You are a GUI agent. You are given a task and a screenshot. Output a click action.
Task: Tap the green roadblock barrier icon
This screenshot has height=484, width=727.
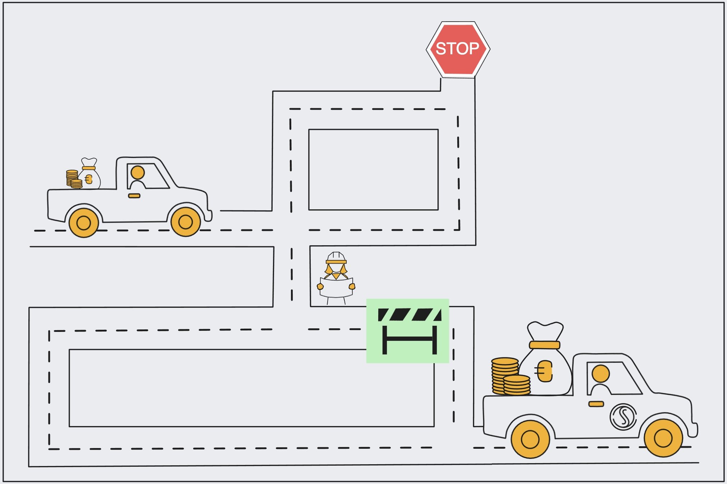[x=408, y=331]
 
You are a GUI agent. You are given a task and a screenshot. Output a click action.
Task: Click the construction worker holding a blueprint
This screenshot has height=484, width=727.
[x=336, y=279]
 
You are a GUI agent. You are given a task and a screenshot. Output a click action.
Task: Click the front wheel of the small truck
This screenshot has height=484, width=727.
[x=185, y=222]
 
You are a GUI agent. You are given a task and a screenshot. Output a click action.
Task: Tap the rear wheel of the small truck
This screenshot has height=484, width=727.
[x=84, y=223]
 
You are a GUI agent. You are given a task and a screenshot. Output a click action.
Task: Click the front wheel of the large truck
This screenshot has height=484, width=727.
[x=663, y=438]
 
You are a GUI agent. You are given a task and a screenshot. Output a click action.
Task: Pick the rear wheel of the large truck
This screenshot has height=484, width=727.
[x=530, y=439]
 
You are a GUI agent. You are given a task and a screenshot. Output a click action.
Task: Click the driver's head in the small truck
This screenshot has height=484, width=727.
[x=138, y=173]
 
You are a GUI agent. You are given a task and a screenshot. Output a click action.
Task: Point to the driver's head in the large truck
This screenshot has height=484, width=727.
[x=601, y=374]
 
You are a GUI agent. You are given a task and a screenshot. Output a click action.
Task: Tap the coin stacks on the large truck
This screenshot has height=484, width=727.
[x=510, y=378]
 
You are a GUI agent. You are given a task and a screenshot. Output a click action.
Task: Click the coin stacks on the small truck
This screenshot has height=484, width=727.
[x=74, y=179]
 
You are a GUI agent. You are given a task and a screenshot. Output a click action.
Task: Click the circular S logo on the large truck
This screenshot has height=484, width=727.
[x=623, y=417]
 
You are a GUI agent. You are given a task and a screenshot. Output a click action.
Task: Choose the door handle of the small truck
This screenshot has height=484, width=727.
[x=134, y=196]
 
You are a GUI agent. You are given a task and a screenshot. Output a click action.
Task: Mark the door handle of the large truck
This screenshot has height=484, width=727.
[x=596, y=404]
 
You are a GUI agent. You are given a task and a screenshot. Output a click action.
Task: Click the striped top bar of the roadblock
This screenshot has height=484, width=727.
[x=409, y=315]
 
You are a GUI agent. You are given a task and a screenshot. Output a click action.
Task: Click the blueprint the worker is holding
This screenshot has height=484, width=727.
[x=336, y=287]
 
